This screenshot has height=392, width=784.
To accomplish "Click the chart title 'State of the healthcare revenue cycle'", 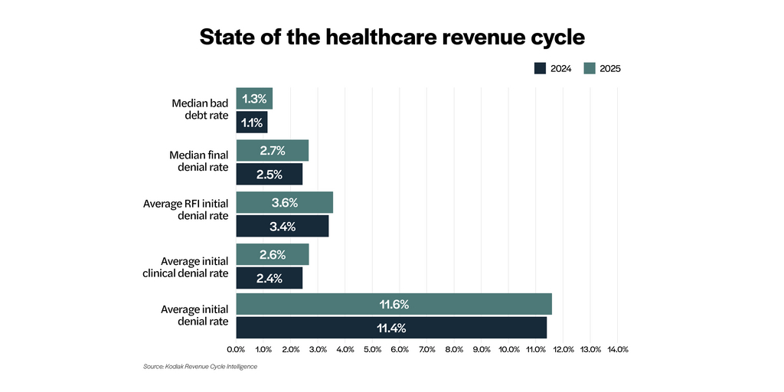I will tap(391, 38).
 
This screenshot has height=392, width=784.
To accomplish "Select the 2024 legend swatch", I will tap(539, 68).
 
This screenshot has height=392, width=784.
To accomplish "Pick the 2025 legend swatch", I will tap(589, 68).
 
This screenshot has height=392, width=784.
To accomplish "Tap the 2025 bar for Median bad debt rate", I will tap(254, 99).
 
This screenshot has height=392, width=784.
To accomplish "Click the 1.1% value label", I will tap(252, 122).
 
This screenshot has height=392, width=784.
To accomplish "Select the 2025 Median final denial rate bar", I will tap(272, 151).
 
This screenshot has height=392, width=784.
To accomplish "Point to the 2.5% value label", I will tap(269, 175).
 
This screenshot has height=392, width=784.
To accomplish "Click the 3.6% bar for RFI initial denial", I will tap(284, 203).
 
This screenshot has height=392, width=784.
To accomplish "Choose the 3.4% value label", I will tap(282, 227).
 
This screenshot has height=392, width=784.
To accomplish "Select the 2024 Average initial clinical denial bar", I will tap(269, 279).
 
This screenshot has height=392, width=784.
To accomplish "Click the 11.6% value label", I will tap(394, 305).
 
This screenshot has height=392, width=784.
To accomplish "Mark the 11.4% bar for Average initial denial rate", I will tap(391, 328).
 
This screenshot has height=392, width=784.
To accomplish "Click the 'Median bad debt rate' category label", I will tap(200, 109).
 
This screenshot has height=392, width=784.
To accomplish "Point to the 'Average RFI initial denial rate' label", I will tap(186, 210).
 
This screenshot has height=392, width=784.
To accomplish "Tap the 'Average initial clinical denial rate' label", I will tap(186, 267).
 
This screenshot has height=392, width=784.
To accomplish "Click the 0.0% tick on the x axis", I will tap(236, 349).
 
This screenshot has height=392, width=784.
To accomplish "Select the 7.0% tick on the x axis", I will tap(427, 349).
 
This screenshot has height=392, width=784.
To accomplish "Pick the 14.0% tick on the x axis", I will tap(618, 349).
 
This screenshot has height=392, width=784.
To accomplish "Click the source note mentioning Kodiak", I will tap(200, 367).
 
